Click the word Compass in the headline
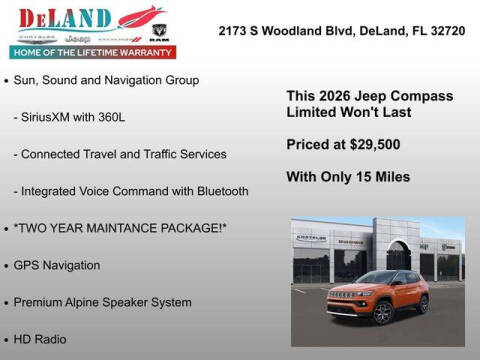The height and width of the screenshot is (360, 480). coord(422,96)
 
